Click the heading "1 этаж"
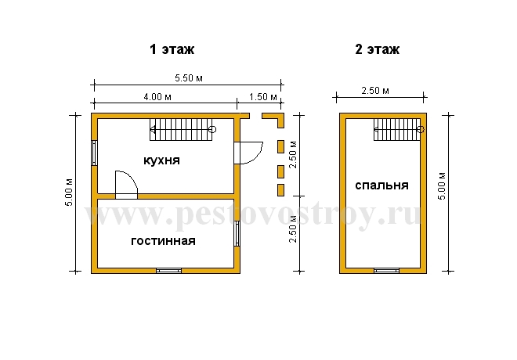pos(172,49)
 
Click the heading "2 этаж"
pos(378,49)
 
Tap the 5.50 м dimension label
pos(189,78)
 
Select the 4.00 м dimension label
pos(157,97)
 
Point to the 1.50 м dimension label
pos(262,97)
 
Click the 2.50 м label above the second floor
pos(375,91)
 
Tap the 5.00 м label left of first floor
pos(69,193)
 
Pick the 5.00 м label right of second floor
pos(442,186)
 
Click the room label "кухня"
pos(161,160)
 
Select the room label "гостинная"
pos(163,241)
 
